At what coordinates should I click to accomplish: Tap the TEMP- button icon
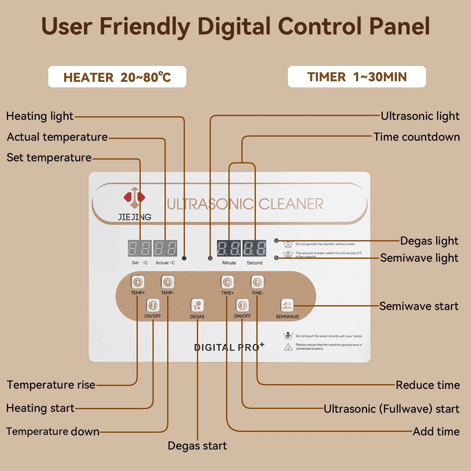coord(167,282)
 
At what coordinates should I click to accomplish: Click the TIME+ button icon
coord(227,282)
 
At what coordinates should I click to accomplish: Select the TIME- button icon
coord(257,282)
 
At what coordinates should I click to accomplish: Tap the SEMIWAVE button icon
coord(287,306)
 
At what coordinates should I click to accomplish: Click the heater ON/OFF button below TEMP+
coord(153,305)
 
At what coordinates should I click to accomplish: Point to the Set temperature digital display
coord(140,248)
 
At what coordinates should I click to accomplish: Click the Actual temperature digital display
coord(165,248)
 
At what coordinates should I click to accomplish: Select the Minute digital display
coord(229,248)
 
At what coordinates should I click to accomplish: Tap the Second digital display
coord(254,248)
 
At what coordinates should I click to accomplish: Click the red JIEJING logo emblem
coord(134,197)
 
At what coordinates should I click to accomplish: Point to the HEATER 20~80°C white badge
coord(117,77)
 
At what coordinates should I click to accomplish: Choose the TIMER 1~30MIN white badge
coord(357,77)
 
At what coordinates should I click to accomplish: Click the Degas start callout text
coord(197,446)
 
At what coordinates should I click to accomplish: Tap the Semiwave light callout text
coord(419,258)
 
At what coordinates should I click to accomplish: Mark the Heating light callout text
coord(40,116)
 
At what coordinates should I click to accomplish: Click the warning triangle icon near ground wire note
coord(288,347)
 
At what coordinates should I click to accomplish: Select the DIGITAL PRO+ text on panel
coord(229,347)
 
